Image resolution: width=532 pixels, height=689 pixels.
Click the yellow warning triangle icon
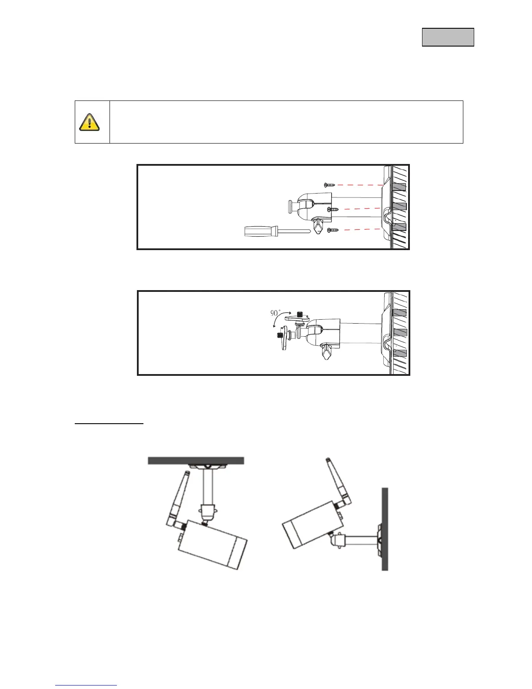pyautogui.click(x=90, y=122)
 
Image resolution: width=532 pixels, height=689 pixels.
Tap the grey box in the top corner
pyautogui.click(x=448, y=37)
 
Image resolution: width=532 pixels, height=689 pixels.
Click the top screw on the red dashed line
pyautogui.click(x=330, y=185)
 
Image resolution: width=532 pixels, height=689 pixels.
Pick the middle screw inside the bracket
pyautogui.click(x=333, y=209)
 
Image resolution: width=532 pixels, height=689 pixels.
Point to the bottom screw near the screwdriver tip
pyautogui.click(x=333, y=230)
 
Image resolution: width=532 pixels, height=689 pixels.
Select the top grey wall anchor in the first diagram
pyautogui.click(x=399, y=187)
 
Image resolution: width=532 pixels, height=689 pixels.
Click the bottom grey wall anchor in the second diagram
pyautogui.click(x=399, y=353)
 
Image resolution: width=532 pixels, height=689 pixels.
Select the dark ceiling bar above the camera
pyautogui.click(x=196, y=461)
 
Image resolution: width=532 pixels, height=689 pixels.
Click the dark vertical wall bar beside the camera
pyautogui.click(x=384, y=528)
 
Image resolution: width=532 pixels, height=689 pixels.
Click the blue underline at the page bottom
pyautogui.click(x=86, y=686)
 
